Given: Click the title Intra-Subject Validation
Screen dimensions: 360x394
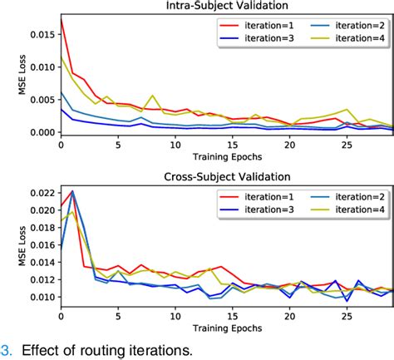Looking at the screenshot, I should (226, 7).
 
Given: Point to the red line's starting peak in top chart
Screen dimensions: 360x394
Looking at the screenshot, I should (61, 17).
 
